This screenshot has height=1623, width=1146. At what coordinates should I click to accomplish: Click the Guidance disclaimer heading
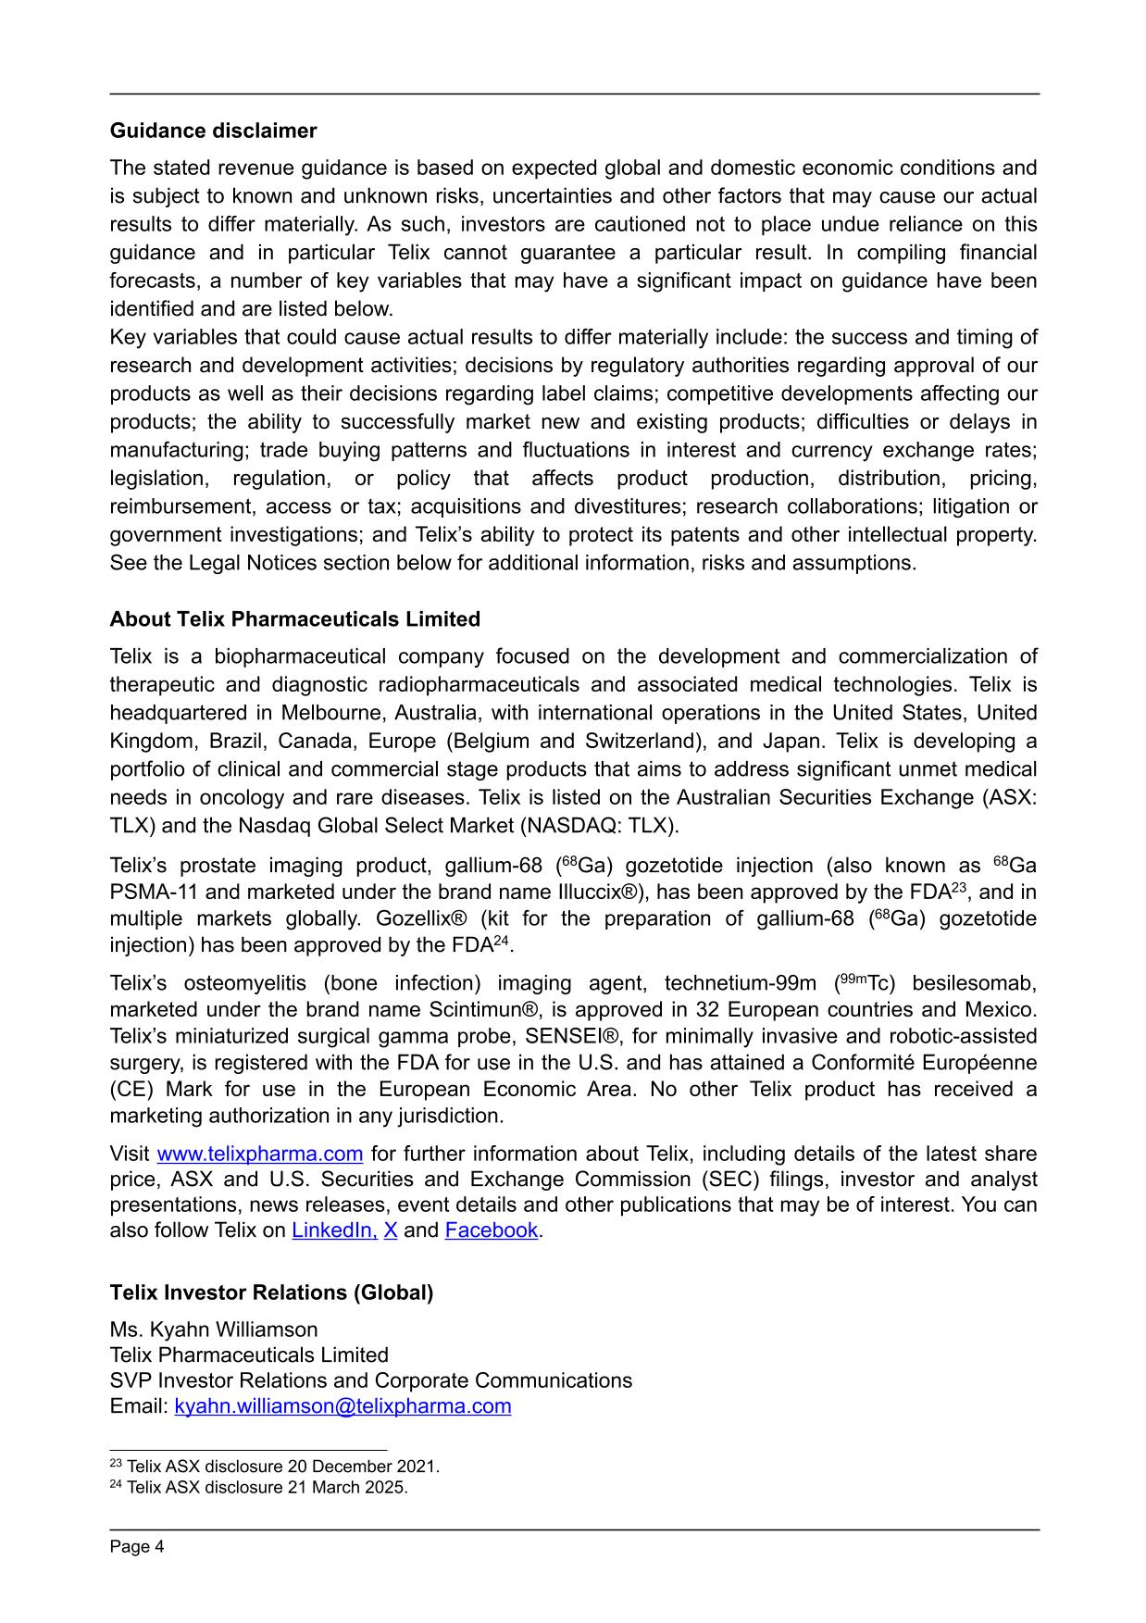[213, 131]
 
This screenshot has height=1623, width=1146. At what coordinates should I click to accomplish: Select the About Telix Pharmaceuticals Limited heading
[294, 618]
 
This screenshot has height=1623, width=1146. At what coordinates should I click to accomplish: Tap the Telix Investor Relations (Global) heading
[271, 1292]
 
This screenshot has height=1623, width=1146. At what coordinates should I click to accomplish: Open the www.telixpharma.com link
[259, 1154]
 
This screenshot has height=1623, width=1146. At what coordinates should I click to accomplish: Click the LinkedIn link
[334, 1230]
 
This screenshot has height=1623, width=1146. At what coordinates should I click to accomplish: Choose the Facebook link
[491, 1230]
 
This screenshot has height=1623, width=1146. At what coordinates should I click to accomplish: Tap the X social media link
[391, 1230]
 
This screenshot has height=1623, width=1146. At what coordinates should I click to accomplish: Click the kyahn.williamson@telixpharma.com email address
[343, 1406]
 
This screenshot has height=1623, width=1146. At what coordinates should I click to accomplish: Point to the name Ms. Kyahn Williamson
[214, 1330]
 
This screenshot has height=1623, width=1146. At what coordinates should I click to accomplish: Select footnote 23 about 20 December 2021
[275, 1467]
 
